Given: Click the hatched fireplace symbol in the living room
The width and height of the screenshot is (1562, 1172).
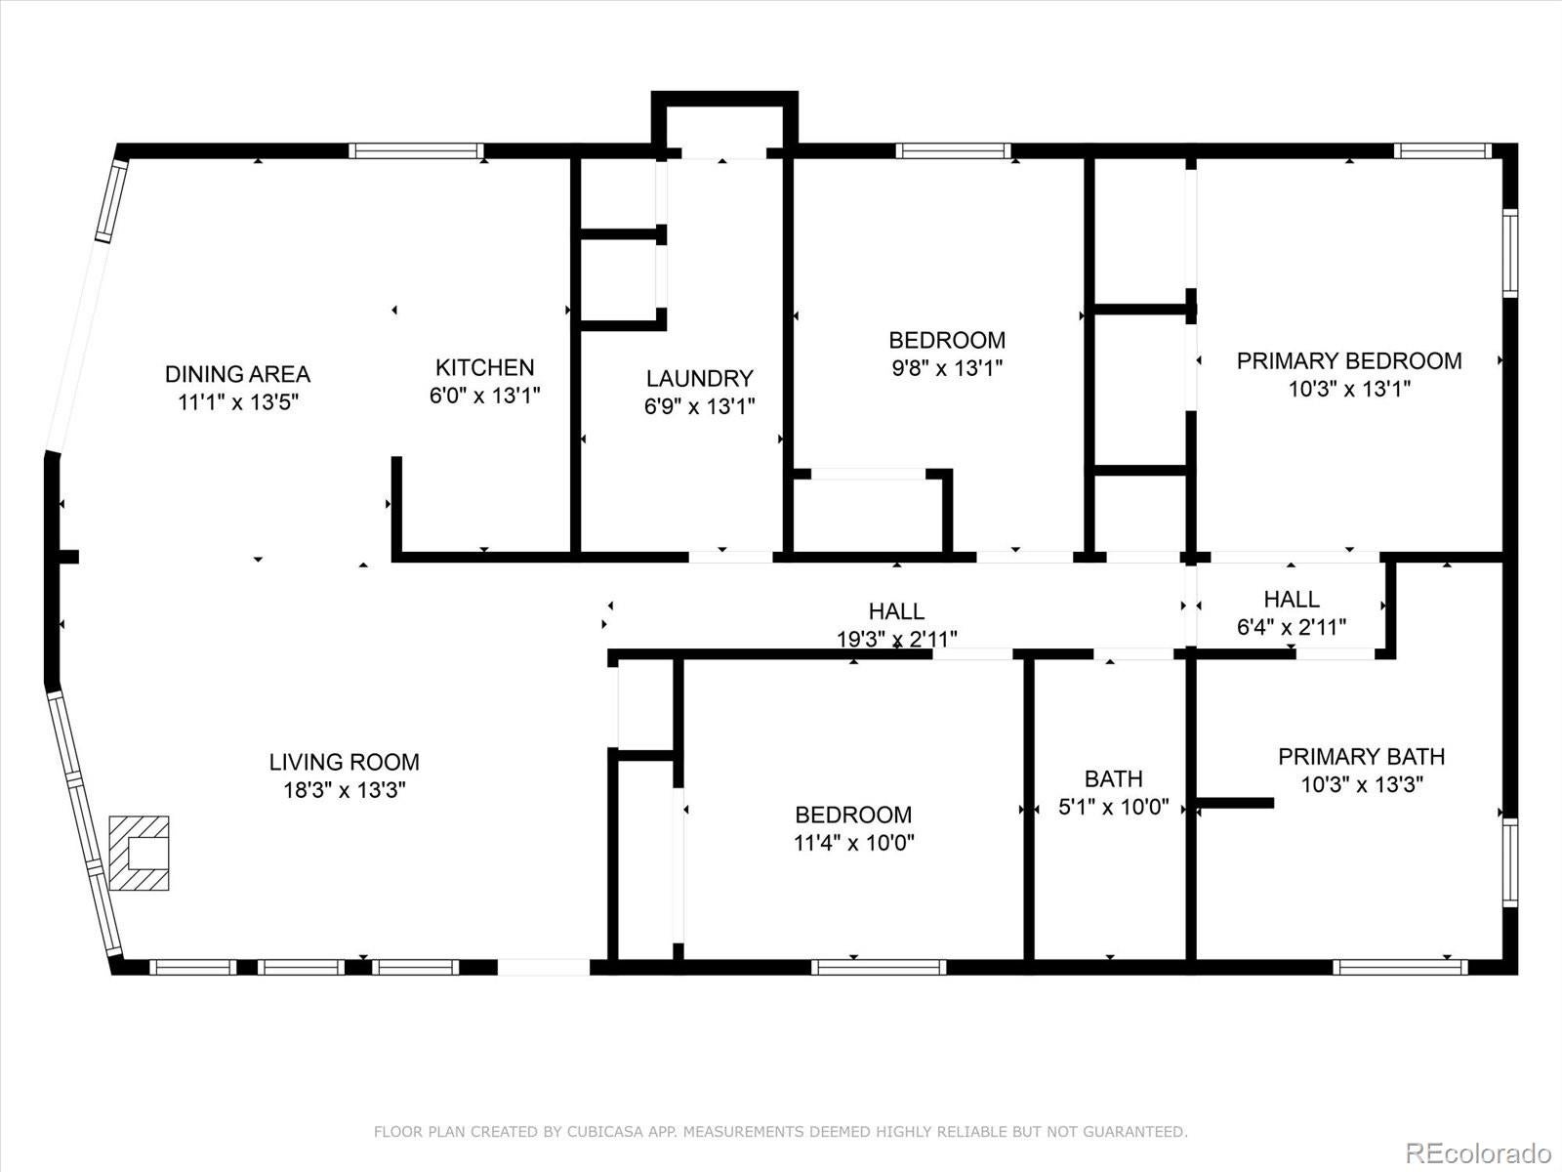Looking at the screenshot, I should tap(139, 853).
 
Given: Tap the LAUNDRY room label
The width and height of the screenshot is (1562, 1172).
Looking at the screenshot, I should tap(699, 379).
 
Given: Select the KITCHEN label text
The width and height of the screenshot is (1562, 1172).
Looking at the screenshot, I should tap(484, 368).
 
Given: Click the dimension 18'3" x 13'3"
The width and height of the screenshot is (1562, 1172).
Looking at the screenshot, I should tap(344, 790).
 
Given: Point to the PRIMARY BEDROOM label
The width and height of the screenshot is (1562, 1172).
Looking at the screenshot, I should tap(1348, 361).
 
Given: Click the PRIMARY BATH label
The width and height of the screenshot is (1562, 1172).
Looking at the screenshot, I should tap(1361, 757).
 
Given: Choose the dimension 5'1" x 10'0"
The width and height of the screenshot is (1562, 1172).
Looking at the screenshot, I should tap(1113, 808).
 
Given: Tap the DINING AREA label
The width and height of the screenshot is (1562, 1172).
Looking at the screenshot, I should tap(237, 374).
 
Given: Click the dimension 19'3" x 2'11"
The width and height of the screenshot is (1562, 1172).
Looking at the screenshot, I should tap(896, 640).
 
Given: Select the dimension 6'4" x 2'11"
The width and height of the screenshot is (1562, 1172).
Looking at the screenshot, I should tap(1291, 628).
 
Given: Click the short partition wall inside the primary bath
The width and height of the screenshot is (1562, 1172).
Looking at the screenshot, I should tap(1235, 803).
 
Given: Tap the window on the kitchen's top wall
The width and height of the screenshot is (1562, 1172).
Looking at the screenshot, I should tap(416, 150).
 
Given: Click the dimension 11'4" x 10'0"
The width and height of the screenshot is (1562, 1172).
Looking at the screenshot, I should tap(853, 843).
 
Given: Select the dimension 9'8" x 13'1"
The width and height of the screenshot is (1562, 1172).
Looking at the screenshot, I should tap(946, 368).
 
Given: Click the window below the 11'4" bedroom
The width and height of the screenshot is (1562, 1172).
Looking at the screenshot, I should tap(878, 967).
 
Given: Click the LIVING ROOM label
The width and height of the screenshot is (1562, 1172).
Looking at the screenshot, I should tap(344, 762).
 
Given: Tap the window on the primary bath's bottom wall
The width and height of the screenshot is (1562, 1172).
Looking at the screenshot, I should tap(1400, 967).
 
